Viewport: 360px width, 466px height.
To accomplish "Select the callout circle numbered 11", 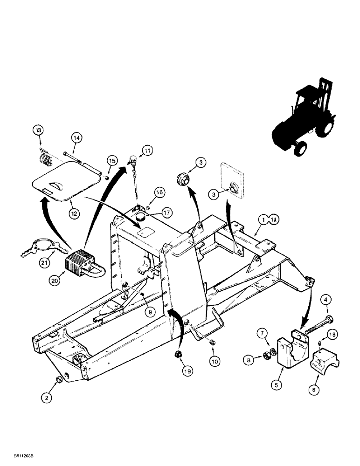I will [x=147, y=150].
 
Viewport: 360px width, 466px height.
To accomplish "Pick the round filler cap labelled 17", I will [x=141, y=218].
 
